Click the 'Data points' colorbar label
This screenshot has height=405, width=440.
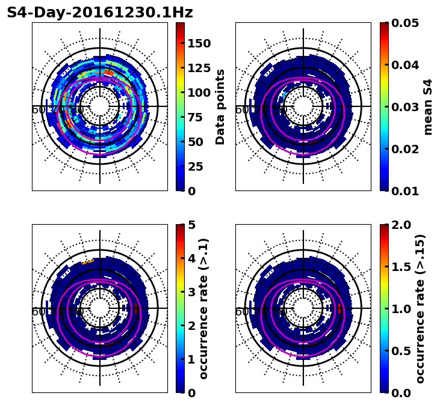point(220,106)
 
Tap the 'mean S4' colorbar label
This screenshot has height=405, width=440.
point(428,106)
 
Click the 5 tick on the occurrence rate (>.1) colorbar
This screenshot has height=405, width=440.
point(192,225)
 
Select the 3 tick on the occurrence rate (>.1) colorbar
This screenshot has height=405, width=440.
point(192,292)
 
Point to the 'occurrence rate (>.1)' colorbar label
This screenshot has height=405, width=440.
point(203,308)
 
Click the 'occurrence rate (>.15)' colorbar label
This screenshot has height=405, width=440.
point(420,308)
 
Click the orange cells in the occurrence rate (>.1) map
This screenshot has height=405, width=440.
point(88,261)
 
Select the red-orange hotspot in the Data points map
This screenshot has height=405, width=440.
point(108,73)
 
